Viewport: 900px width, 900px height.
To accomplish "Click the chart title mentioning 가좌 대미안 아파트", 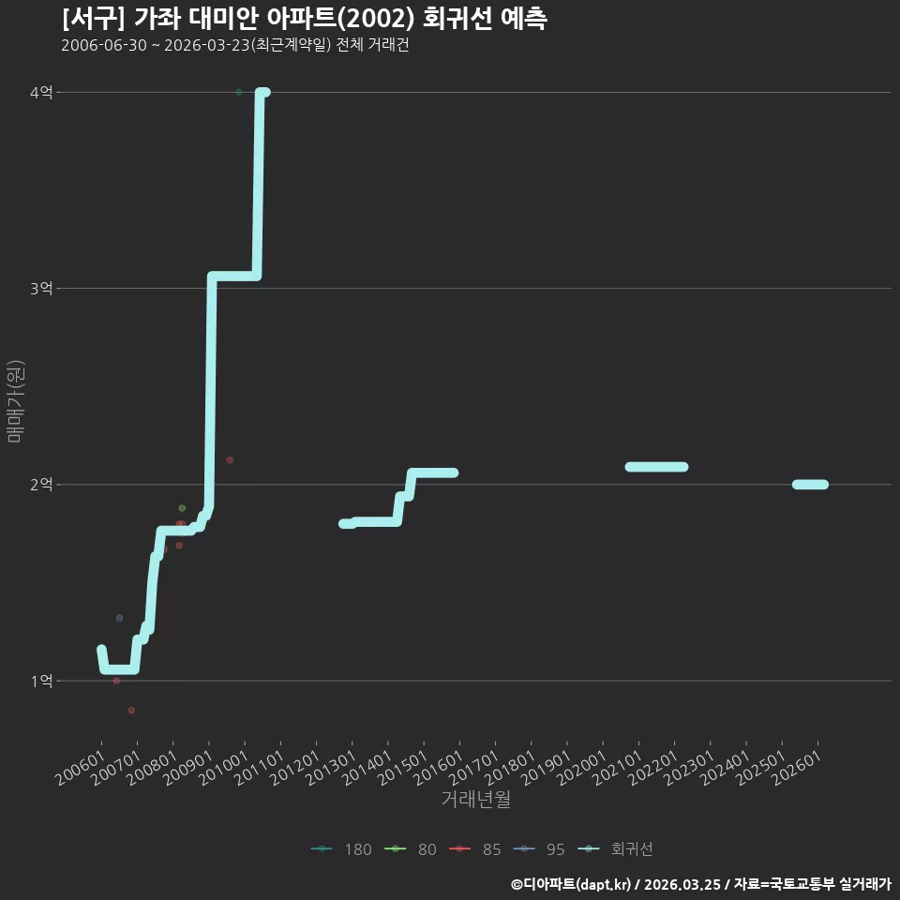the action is [304, 19].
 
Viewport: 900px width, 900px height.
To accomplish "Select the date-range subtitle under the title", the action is [234, 45].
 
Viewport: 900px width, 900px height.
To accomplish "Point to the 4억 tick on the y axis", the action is [41, 93].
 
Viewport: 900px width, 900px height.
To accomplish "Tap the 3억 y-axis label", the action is [41, 288].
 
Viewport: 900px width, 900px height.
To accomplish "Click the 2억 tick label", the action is [41, 485].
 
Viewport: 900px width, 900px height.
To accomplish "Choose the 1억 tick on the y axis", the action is [41, 681].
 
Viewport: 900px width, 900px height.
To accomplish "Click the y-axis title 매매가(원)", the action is [15, 402].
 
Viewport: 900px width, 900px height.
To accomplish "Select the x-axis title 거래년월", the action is [476, 799].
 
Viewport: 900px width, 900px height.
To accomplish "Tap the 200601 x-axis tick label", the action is [81, 768].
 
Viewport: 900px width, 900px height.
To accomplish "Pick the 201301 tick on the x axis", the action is [331, 768].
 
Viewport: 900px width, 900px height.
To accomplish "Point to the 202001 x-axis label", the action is [581, 768].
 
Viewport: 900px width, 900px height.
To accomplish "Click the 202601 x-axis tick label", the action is [797, 768].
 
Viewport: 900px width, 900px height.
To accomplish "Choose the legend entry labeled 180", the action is [341, 849].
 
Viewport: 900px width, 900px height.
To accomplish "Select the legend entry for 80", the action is [410, 849].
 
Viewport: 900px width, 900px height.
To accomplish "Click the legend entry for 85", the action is [474, 849].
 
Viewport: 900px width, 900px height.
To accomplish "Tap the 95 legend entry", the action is [539, 849].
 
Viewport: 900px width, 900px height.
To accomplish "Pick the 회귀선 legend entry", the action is [615, 849].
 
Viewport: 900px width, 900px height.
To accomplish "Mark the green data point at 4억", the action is [239, 92].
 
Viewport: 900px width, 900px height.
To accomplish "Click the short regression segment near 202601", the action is [810, 485].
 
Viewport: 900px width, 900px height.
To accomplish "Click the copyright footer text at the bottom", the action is [701, 884].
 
